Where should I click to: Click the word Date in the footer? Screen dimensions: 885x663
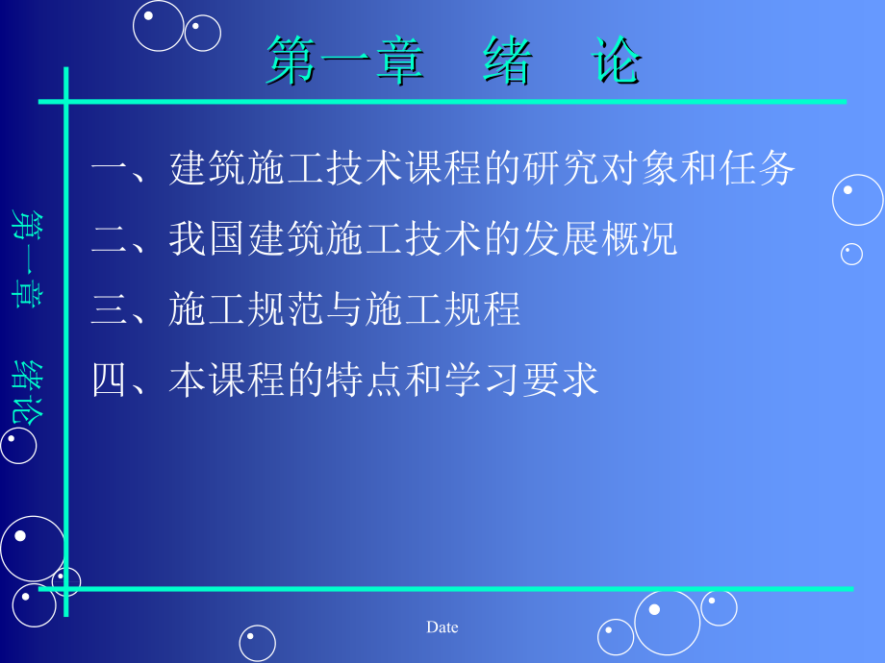pyautogui.click(x=442, y=626)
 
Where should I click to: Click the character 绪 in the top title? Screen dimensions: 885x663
pyautogui.click(x=507, y=61)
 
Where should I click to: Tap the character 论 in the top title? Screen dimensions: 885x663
pyautogui.click(x=616, y=60)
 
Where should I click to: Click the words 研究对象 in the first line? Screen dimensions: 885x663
pyautogui.click(x=600, y=168)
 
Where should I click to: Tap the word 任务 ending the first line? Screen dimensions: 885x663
pyautogui.click(x=756, y=168)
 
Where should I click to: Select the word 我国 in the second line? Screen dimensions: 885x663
pyautogui.click(x=208, y=238)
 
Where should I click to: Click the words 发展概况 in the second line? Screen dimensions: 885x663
pyautogui.click(x=600, y=238)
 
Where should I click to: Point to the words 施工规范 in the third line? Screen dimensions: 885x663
pyautogui.click(x=246, y=309)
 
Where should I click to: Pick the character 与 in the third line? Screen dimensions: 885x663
pyautogui.click(x=344, y=309)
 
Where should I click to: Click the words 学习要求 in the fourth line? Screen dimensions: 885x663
pyautogui.click(x=521, y=380)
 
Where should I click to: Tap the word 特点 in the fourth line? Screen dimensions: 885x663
pyautogui.click(x=364, y=380)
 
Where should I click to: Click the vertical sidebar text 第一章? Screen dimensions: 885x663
pyautogui.click(x=26, y=259)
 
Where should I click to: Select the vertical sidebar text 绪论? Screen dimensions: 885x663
pyautogui.click(x=27, y=392)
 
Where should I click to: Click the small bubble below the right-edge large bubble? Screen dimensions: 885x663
pyautogui.click(x=851, y=255)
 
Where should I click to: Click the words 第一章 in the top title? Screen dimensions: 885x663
pyautogui.click(x=345, y=61)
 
